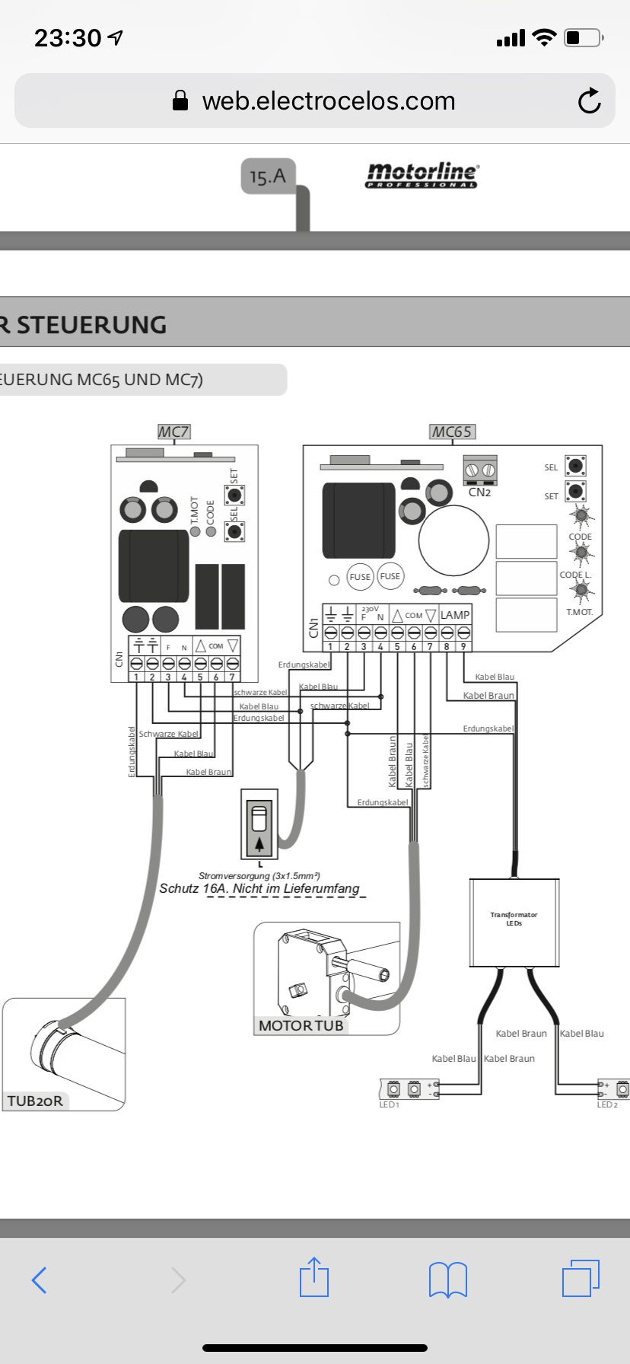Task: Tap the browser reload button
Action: click(589, 101)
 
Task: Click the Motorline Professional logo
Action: click(422, 175)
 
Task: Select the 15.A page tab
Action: click(268, 177)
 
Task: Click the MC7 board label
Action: click(173, 432)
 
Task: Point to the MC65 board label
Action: click(452, 432)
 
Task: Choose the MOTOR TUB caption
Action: click(301, 1025)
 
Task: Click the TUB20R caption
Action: click(35, 1101)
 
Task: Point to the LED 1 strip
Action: click(403, 1089)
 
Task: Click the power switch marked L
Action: click(259, 824)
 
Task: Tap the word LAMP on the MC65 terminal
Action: click(455, 615)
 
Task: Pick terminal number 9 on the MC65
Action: click(463, 646)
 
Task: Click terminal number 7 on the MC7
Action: click(232, 677)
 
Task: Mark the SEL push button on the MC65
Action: click(576, 465)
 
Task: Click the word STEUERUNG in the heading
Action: click(92, 325)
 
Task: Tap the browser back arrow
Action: click(40, 1280)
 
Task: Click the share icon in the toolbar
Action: click(314, 1278)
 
